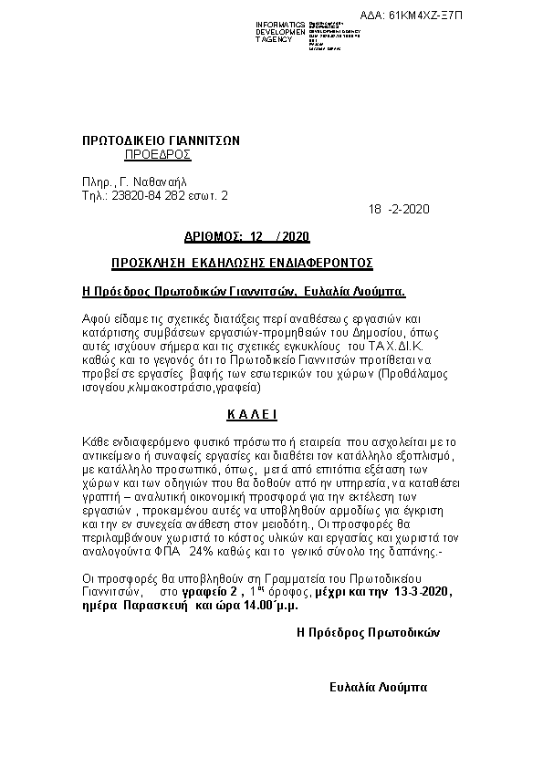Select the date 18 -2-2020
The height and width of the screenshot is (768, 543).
click(x=399, y=209)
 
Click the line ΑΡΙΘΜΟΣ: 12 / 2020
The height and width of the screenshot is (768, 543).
click(x=246, y=237)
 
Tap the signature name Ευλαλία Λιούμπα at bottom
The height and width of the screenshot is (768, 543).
click(x=378, y=686)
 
